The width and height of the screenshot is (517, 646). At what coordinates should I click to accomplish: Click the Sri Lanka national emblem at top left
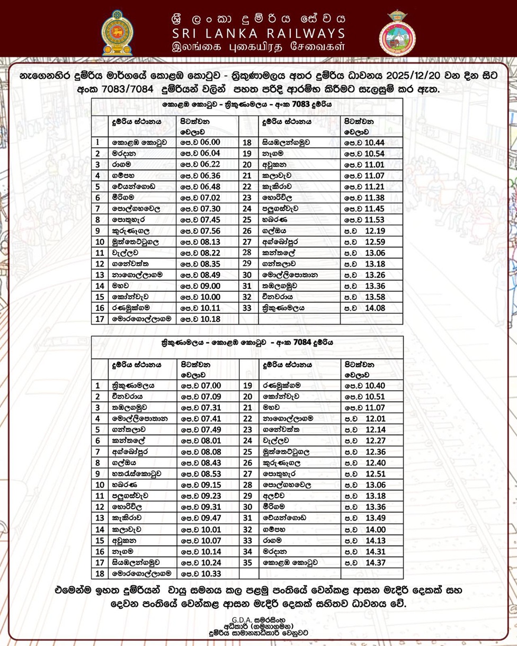tap(117, 33)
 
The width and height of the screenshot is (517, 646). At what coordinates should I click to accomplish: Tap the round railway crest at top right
tap(397, 33)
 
